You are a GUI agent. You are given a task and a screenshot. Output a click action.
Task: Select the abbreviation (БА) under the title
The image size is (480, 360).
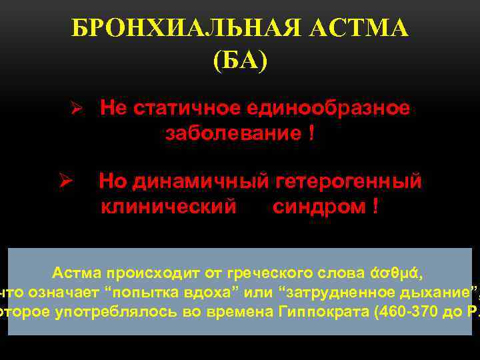(x=239, y=61)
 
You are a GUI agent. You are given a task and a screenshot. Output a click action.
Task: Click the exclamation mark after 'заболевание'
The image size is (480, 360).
(x=312, y=133)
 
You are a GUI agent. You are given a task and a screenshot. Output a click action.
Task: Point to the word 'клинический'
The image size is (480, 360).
(x=168, y=206)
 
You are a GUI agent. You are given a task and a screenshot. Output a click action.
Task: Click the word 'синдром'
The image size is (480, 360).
(x=319, y=206)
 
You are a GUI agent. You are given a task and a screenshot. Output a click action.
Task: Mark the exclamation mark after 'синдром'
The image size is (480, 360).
(x=376, y=206)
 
